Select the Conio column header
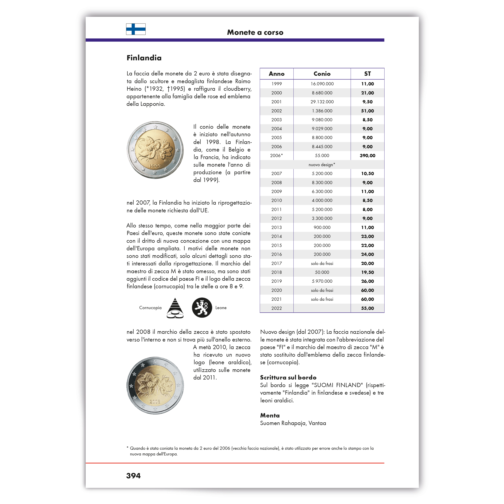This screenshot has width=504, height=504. pyautogui.click(x=322, y=74)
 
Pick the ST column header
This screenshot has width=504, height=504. pyautogui.click(x=367, y=74)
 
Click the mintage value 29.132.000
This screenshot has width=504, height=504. pyautogui.click(x=322, y=102)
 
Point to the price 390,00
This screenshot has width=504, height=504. pyautogui.click(x=367, y=155)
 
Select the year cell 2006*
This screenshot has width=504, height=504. pyautogui.click(x=276, y=155)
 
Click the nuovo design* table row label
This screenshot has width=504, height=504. pyautogui.click(x=322, y=165)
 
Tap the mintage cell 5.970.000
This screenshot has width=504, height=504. pyautogui.click(x=322, y=281)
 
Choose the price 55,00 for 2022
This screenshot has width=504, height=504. pyautogui.click(x=367, y=308)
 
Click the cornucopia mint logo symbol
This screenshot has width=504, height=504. pyautogui.click(x=175, y=308)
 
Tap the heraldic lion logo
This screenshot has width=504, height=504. pyautogui.click(x=202, y=308)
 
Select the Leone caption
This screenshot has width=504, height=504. pyautogui.click(x=221, y=308)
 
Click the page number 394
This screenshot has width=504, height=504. pyautogui.click(x=133, y=476)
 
